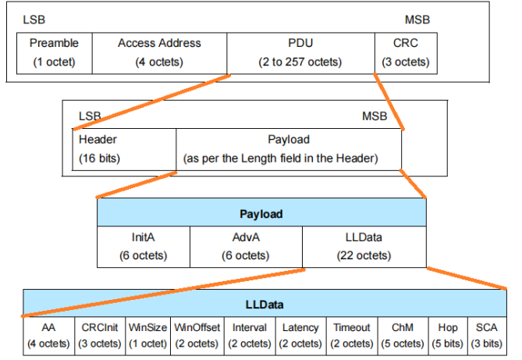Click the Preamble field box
coord(54,52)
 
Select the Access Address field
coord(159,52)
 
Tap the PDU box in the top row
coord(300,52)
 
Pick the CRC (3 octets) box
coord(406,52)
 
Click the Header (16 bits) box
coord(124,149)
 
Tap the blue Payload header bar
coord(261,213)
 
